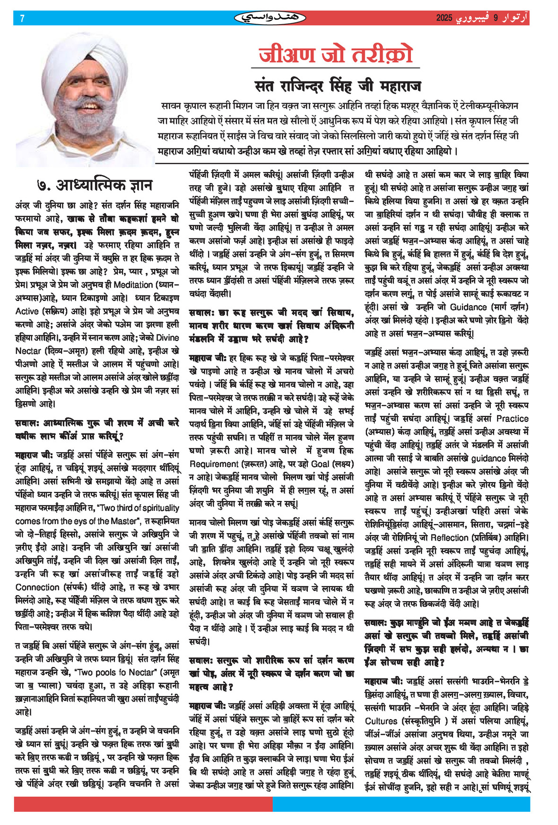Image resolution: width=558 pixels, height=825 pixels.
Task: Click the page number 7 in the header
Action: click(22, 18)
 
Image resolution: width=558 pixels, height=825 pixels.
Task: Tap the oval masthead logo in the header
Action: click(270, 18)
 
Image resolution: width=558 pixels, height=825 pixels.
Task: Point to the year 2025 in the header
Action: click(444, 18)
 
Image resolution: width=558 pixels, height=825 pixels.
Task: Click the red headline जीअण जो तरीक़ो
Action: click(336, 55)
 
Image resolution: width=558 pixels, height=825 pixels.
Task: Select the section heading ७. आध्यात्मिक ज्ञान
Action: click(95, 185)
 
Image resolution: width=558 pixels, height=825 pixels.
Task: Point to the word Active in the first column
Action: click(27, 311)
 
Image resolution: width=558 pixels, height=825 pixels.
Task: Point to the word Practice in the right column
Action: click(512, 419)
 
